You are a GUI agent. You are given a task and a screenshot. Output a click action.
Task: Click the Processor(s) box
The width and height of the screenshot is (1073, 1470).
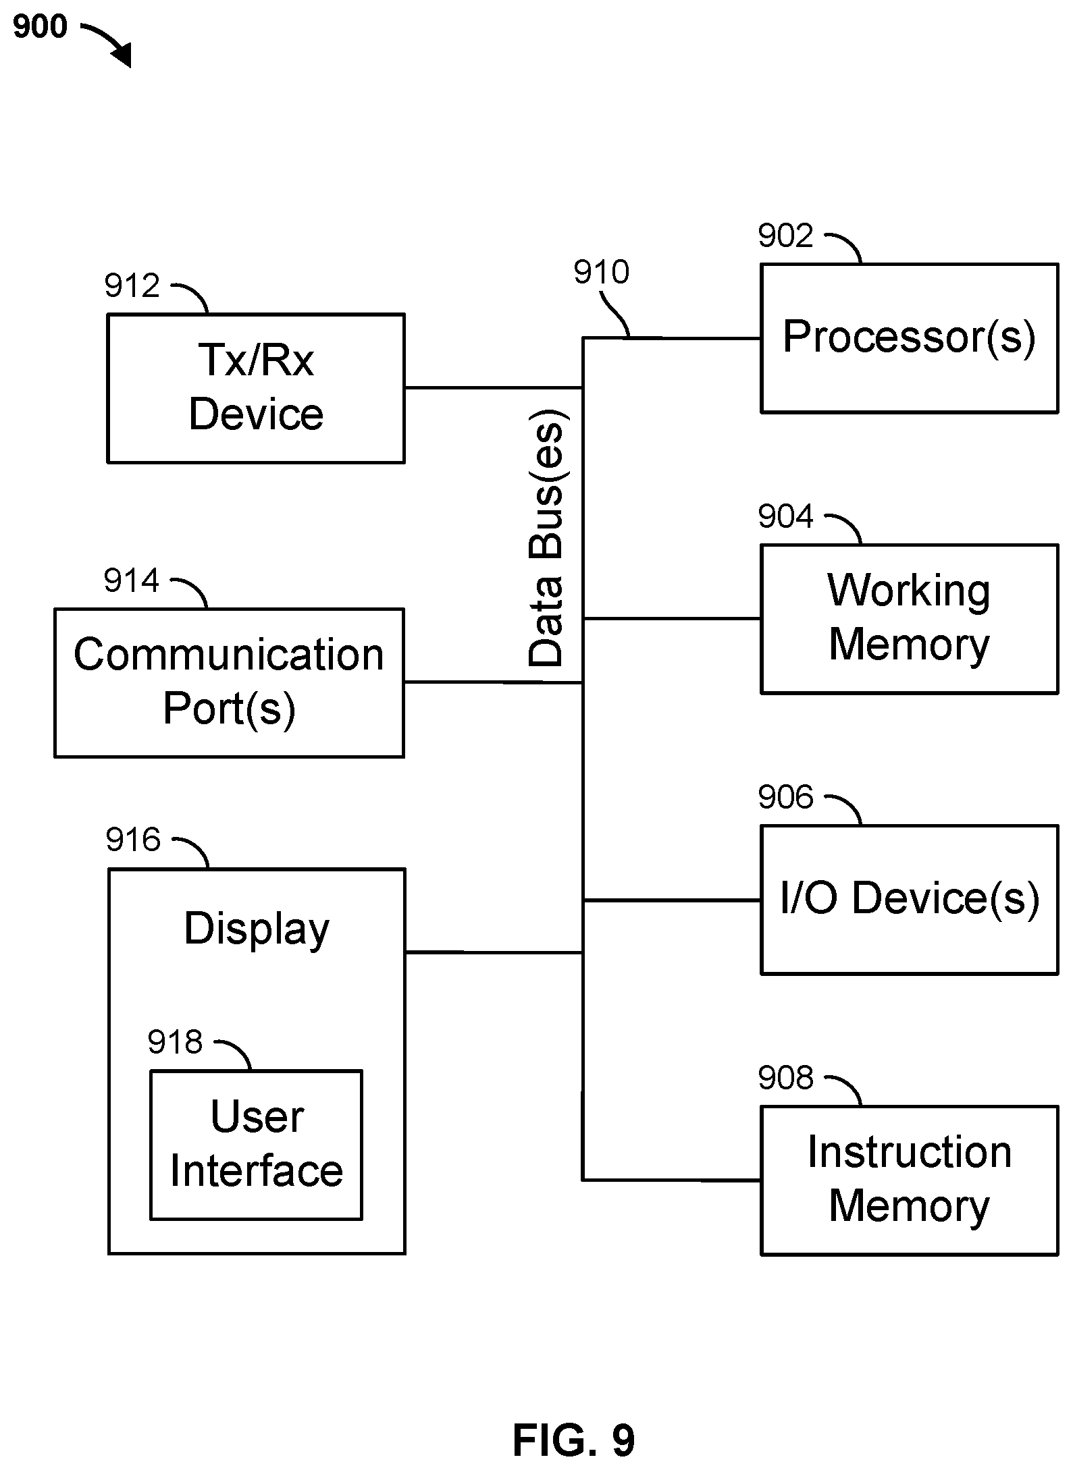coord(909,337)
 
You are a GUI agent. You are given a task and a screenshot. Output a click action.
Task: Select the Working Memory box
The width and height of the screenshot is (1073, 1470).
coord(909,618)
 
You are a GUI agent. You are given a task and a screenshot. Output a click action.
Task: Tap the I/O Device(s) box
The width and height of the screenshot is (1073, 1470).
coord(909,899)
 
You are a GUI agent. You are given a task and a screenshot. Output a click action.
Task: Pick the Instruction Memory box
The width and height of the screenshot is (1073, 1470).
coord(909,1180)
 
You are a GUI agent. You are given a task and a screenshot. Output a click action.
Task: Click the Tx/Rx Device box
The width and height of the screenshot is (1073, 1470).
coord(256,387)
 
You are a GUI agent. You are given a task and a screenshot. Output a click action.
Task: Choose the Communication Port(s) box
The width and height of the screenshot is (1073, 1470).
coord(229,682)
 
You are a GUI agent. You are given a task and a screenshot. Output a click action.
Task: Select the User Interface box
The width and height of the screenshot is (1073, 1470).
coord(256,1145)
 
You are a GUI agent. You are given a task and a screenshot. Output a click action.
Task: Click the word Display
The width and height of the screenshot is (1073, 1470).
coord(257,929)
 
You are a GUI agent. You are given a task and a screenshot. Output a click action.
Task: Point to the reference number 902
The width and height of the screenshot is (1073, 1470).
coord(785,236)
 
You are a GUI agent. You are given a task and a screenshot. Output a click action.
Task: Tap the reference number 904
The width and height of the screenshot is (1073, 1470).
coord(785,516)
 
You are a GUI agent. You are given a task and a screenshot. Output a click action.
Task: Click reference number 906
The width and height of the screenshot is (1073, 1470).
coord(785,797)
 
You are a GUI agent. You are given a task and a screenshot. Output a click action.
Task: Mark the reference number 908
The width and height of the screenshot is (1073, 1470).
coord(785,1078)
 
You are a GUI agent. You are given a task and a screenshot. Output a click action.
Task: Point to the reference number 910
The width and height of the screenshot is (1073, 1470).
coord(601,272)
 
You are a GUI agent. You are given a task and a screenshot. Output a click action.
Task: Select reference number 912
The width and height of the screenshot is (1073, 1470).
coord(132,285)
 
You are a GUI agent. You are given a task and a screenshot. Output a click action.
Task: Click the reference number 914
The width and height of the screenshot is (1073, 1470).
coord(131,580)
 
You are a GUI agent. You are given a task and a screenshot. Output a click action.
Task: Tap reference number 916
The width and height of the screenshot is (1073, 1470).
coord(133,840)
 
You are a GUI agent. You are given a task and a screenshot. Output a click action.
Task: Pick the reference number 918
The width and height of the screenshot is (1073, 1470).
coord(175,1041)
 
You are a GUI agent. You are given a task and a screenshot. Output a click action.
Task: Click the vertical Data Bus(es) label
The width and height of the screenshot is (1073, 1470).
coord(547,537)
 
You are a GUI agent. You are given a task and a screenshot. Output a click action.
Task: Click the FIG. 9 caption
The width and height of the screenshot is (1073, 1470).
coord(573,1440)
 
